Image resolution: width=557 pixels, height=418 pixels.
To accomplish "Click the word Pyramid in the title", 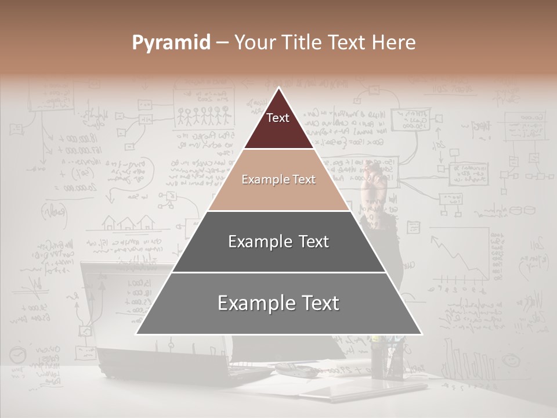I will [171, 43].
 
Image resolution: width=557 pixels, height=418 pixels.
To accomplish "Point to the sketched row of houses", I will [129, 222].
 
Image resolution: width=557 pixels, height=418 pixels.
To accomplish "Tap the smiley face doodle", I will [511, 360].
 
